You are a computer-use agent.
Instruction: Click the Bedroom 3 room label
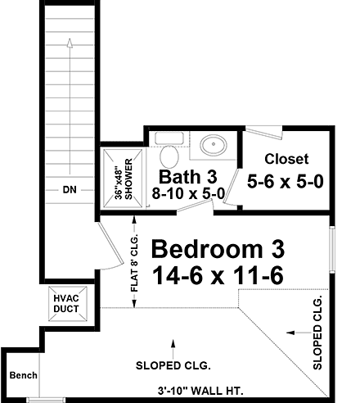pyautogui.click(x=218, y=247)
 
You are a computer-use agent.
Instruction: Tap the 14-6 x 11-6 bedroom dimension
pyautogui.click(x=218, y=276)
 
